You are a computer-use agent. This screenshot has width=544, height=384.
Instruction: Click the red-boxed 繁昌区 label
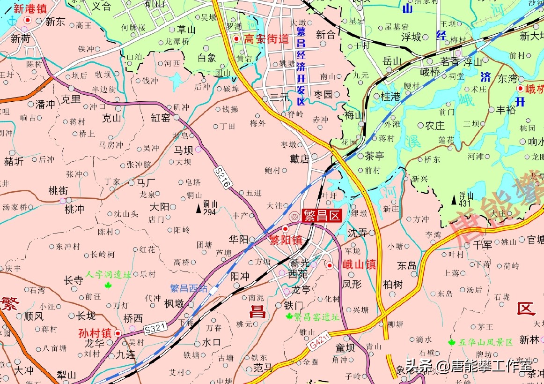322,215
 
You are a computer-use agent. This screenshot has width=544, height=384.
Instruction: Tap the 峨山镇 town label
359,264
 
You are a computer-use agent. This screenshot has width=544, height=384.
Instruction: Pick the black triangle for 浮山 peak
454,200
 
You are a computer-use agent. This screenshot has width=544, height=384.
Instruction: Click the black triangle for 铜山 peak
198,208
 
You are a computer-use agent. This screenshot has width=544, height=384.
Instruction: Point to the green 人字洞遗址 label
108,275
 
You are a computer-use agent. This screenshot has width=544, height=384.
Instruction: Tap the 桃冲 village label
75,209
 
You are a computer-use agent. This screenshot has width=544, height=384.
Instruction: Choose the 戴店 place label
300,159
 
